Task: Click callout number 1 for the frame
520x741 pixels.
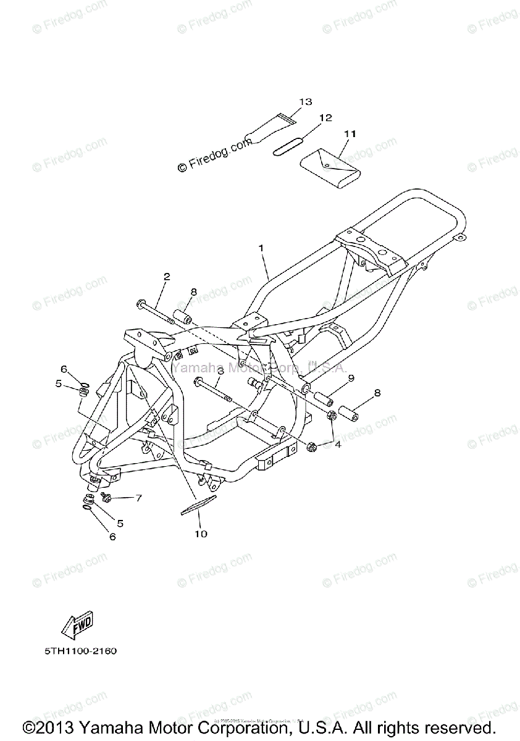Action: pyautogui.click(x=261, y=248)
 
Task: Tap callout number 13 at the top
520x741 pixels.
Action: pyautogui.click(x=306, y=101)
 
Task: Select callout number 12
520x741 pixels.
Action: pyautogui.click(x=325, y=117)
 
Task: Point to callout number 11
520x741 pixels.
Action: pyautogui.click(x=350, y=133)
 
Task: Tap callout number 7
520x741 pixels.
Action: pyautogui.click(x=138, y=498)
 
